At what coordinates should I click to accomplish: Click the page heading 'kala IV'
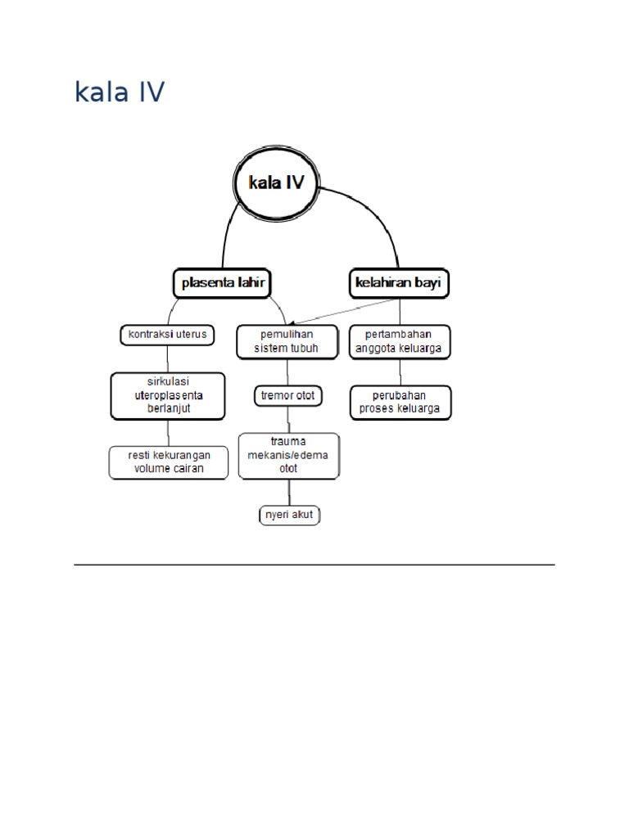(119, 92)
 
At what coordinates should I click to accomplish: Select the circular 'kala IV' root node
(276, 184)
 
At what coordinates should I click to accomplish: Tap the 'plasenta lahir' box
(221, 283)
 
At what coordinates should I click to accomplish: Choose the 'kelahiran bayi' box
(400, 283)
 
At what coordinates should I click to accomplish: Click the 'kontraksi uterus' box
(168, 335)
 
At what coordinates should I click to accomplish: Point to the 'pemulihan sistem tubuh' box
(287, 341)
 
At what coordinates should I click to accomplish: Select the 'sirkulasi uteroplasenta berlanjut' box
(168, 395)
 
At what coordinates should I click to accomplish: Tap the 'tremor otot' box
(287, 396)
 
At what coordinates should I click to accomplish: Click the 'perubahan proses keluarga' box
(400, 402)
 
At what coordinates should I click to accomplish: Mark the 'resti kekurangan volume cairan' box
(168, 462)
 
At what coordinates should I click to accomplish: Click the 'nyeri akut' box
(288, 515)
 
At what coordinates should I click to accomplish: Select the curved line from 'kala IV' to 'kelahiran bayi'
(382, 221)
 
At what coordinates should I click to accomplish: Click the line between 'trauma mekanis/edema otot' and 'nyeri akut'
(288, 492)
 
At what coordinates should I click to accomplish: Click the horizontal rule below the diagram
(314, 565)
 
